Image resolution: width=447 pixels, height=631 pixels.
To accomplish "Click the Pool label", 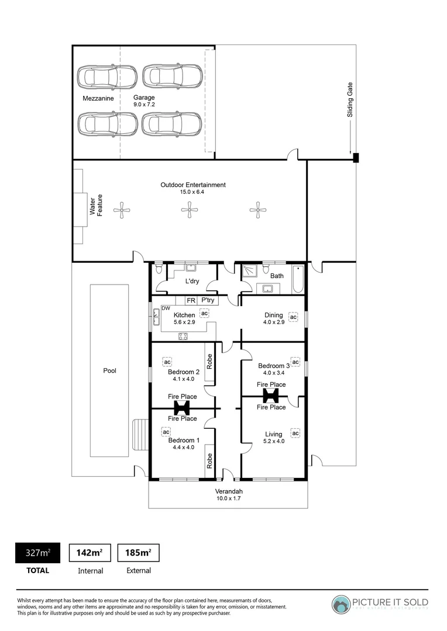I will click(109, 370).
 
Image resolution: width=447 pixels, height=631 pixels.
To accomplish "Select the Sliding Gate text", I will click(350, 99).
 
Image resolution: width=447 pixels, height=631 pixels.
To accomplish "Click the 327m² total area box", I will click(37, 552).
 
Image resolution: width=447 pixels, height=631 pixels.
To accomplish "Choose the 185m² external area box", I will click(138, 552).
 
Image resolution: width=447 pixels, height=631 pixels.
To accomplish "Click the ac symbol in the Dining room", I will click(294, 318).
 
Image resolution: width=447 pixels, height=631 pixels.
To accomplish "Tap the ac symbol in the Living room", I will click(295, 433).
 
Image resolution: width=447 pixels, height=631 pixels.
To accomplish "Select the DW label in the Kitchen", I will click(166, 308).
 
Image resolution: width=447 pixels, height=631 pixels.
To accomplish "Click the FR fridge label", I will click(190, 301).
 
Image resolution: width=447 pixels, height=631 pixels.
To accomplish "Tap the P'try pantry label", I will click(207, 301).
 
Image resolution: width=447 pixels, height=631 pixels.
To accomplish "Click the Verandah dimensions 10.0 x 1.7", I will click(228, 498).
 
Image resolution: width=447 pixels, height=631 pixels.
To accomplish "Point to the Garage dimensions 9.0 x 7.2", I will click(144, 105).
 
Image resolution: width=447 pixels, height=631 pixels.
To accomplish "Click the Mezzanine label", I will click(98, 99).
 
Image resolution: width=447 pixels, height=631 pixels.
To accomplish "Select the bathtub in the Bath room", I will click(298, 279).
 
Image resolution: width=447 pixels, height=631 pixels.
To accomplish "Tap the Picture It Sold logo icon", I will click(341, 604).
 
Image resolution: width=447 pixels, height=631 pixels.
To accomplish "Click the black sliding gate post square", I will click(355, 157).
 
